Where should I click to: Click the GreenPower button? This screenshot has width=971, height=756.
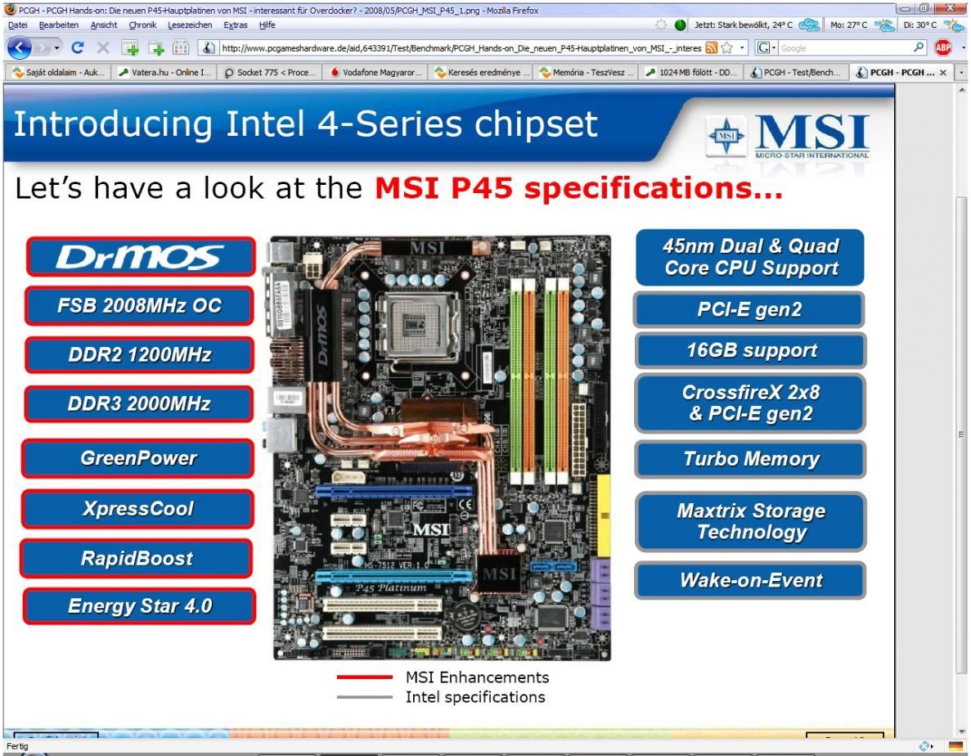click(138, 458)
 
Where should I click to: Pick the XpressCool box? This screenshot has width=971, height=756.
click(138, 509)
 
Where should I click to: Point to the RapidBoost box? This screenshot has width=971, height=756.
click(137, 559)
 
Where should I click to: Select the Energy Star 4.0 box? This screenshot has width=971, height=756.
click(137, 606)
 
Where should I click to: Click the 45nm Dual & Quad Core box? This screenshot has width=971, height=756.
click(750, 257)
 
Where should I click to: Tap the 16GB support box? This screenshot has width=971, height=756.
click(750, 351)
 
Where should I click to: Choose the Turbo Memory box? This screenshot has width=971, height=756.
click(750, 459)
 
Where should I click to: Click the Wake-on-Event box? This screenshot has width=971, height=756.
click(750, 581)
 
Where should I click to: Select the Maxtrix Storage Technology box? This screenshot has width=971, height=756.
click(750, 522)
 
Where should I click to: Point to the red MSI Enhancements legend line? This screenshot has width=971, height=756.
click(365, 677)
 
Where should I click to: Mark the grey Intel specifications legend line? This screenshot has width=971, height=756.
click(365, 698)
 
